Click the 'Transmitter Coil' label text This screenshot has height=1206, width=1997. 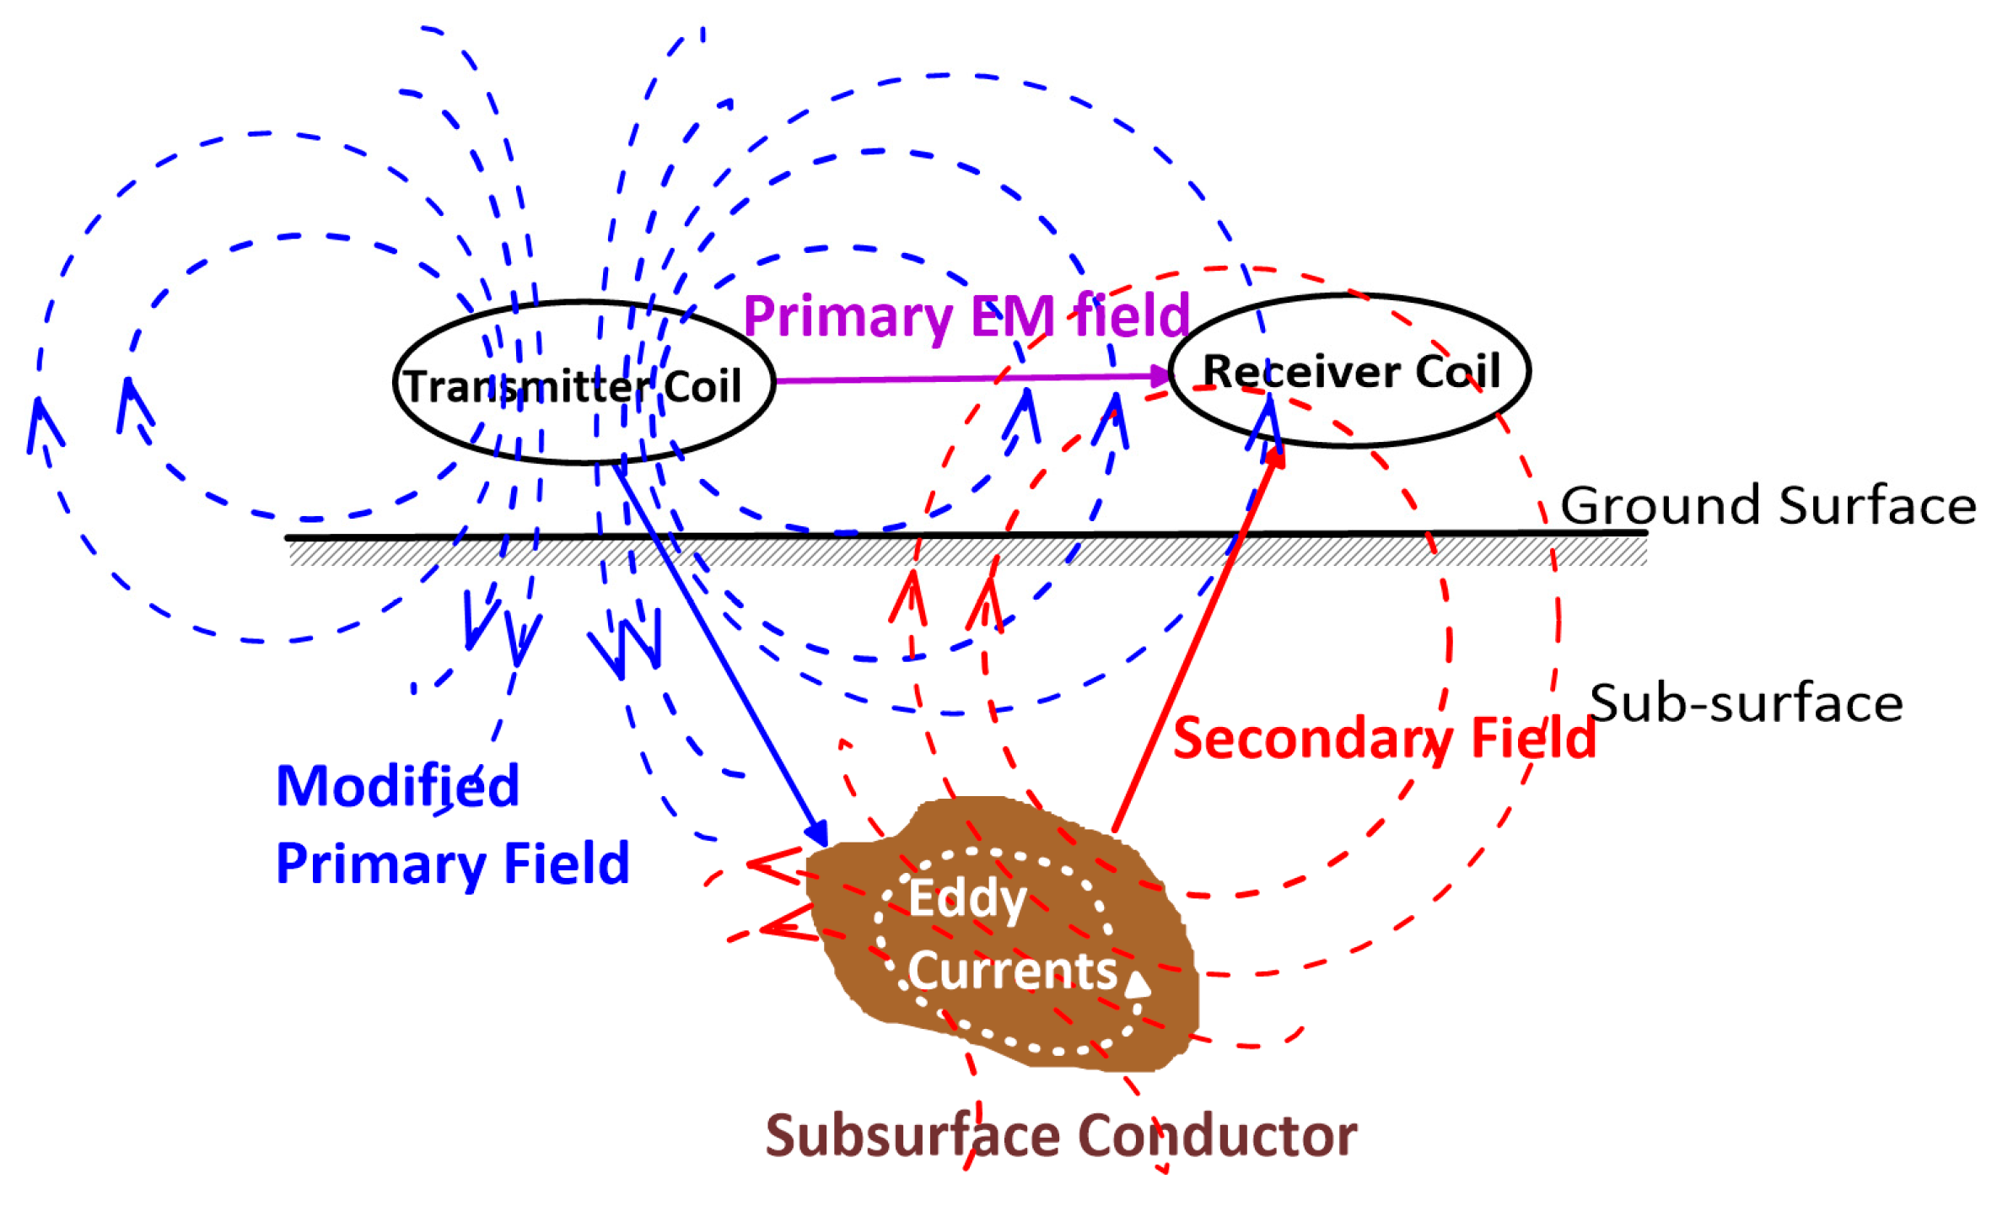pos(573,387)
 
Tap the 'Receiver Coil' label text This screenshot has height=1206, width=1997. pos(1351,371)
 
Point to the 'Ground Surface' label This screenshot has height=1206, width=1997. pos(1768,506)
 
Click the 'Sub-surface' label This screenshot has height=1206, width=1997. pos(1746,703)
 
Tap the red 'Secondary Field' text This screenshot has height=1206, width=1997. pos(1384,739)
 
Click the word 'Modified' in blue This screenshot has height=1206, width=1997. pos(397,786)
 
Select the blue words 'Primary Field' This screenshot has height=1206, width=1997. pos(453,864)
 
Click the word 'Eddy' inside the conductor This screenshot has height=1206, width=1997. pos(967,899)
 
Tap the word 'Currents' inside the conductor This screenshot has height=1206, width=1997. pos(1013,971)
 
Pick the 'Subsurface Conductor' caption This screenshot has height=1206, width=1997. pos(1061,1135)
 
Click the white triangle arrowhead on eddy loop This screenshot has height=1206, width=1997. pos(1138,984)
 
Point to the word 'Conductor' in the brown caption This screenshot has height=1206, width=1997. pos(1218,1135)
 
